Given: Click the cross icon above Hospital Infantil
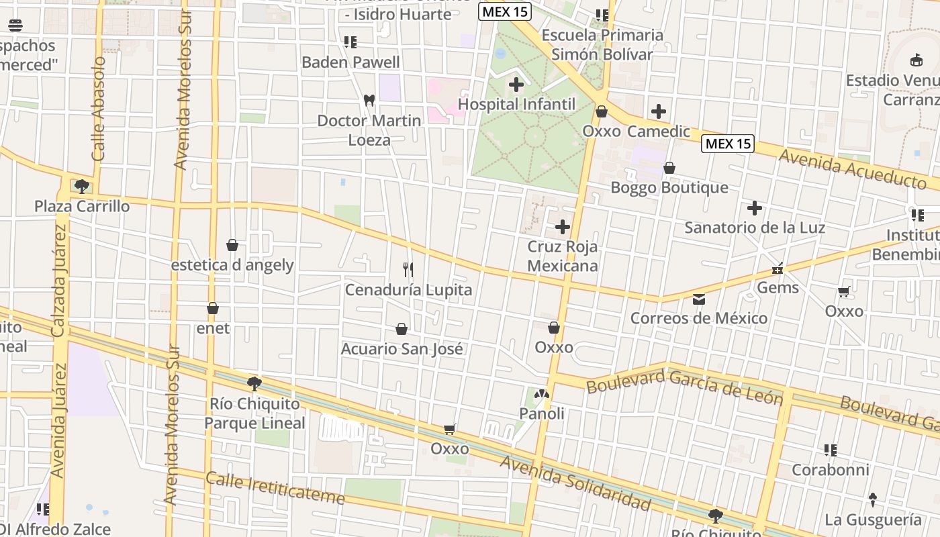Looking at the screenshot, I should (516, 85).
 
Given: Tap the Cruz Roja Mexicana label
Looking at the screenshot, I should (562, 256).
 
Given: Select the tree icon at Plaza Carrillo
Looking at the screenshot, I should (82, 186).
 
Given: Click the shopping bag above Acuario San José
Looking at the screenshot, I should (402, 329).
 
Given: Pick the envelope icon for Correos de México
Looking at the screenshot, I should (699, 299).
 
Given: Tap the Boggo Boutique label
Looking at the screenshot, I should (669, 187).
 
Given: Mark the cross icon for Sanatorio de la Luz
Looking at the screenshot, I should (755, 208).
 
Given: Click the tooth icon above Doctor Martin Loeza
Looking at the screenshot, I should (369, 100).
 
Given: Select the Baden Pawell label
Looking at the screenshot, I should (350, 62).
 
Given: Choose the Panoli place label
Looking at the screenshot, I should (542, 413).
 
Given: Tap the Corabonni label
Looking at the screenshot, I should (831, 470).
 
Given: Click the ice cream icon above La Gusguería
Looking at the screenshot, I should (873, 499).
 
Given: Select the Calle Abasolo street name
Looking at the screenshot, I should (99, 109).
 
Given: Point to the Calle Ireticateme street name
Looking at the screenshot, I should (275, 489).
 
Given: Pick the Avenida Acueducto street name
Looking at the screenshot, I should (853, 169).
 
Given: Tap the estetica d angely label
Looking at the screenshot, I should (232, 265).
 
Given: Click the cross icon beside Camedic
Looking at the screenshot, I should (659, 111).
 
